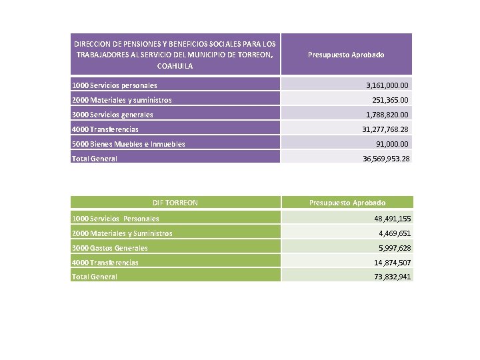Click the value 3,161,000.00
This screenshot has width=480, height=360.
coord(387,85)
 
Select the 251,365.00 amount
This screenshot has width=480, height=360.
coord(390,100)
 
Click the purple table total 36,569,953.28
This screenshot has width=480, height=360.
coord(386,159)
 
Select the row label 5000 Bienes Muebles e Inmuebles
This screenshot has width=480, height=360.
coord(128,144)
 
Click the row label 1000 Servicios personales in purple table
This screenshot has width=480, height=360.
coord(115,85)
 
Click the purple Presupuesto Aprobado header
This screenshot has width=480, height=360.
coord(346,55)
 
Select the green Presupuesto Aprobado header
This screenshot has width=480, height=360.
coord(347,203)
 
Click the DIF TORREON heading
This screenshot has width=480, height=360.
coord(175,203)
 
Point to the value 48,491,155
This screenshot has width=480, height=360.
coord(392,219)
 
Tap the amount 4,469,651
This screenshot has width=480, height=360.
coord(395,233)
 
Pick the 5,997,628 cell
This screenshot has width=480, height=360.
coord(395,248)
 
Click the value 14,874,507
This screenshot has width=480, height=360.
coord(392,263)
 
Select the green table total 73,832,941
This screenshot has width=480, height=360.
coord(392,277)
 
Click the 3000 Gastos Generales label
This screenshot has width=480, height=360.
coord(110,248)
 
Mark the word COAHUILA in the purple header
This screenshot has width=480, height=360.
coord(175,66)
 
